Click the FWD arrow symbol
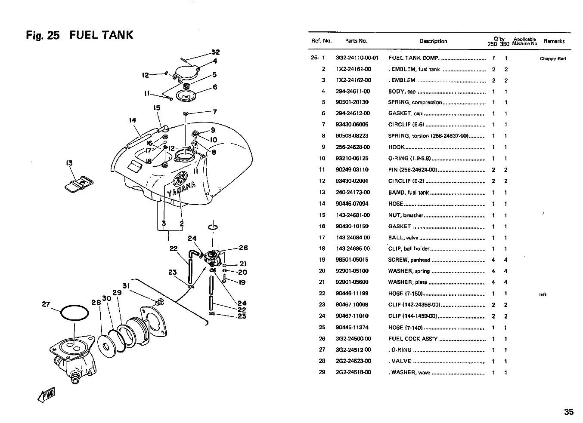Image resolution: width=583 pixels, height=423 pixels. (x=47, y=395)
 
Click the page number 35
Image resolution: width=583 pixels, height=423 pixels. (x=569, y=412)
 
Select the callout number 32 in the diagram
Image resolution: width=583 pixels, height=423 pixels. (x=215, y=52)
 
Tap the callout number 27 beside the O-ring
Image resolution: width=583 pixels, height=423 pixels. (x=46, y=304)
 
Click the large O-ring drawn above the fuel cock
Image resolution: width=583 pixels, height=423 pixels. (x=74, y=306)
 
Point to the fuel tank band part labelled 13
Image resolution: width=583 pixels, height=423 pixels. (x=79, y=184)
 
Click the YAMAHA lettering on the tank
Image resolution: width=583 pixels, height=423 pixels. (x=181, y=189)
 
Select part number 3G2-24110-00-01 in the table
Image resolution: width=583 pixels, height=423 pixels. (x=357, y=58)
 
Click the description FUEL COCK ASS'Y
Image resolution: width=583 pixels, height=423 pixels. (x=413, y=339)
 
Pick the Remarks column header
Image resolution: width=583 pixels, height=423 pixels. (x=554, y=41)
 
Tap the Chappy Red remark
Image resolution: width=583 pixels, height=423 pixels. (x=553, y=59)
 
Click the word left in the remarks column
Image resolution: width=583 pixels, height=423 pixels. (x=543, y=294)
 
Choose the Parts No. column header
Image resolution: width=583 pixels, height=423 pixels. (x=357, y=41)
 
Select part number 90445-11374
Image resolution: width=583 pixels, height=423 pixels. (x=352, y=328)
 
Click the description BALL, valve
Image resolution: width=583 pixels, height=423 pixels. (x=403, y=238)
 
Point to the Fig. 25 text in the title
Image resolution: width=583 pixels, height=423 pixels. (x=43, y=35)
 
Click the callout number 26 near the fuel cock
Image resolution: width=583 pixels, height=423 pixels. (x=243, y=248)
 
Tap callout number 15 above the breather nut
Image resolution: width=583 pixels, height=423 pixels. (x=157, y=108)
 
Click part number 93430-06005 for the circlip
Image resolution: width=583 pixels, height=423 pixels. (x=352, y=125)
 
